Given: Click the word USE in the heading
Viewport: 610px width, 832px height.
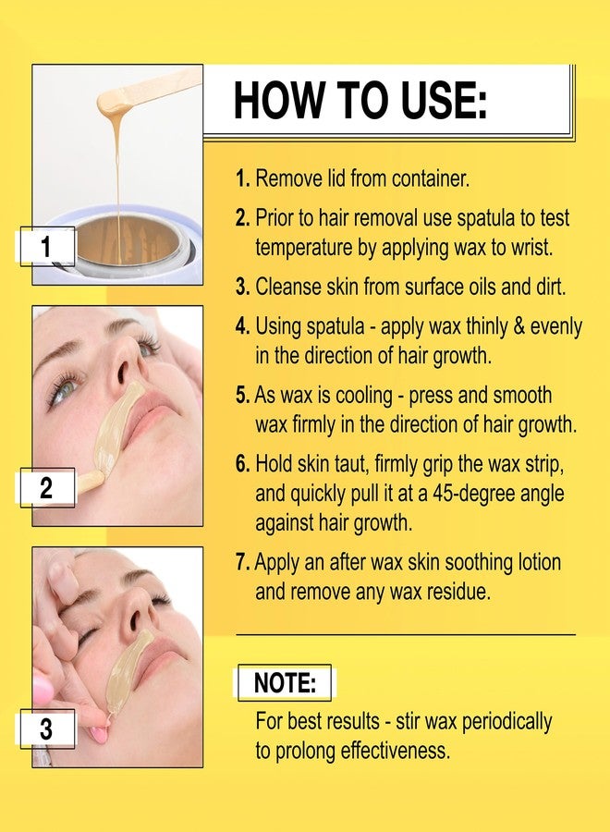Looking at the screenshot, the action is pos(444,100).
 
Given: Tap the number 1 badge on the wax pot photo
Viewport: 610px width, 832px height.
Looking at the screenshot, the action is pos(47,246).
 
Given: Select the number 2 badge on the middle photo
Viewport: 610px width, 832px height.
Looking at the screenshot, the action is pos(47,487).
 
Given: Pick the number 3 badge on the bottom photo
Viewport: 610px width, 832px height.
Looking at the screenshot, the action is pos(47,728).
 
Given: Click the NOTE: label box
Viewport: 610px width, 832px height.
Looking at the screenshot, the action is pos(285,682).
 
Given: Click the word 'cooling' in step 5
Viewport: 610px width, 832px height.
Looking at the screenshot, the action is pos(364,396).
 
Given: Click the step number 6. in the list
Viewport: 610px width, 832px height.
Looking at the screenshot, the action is pos(242,464).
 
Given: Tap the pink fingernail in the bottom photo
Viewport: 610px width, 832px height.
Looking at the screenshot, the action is pos(99,734).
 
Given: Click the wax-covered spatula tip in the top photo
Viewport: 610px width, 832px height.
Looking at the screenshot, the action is pos(114,99).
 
